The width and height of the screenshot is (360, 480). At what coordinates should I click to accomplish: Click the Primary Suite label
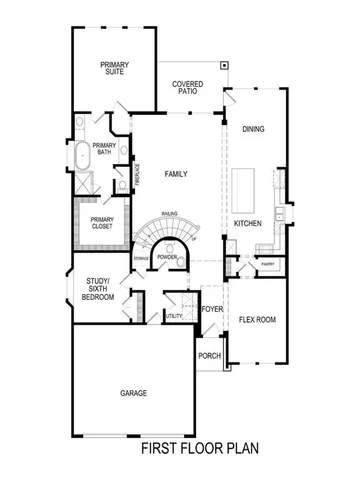point(114,68)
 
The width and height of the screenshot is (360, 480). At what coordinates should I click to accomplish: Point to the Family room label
point(176,174)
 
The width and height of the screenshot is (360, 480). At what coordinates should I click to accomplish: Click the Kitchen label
point(247,223)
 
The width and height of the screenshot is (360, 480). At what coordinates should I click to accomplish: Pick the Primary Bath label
point(104,150)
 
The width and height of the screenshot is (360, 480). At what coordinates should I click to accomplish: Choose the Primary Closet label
point(102,223)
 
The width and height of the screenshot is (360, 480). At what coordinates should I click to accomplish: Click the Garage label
point(133,393)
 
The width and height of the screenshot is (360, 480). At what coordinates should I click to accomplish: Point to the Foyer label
point(211,309)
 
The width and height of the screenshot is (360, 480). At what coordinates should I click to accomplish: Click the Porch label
point(209,356)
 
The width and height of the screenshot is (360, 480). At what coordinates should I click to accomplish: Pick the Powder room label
point(167,257)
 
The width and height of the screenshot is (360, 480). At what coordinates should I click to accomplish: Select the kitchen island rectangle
point(247,188)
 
